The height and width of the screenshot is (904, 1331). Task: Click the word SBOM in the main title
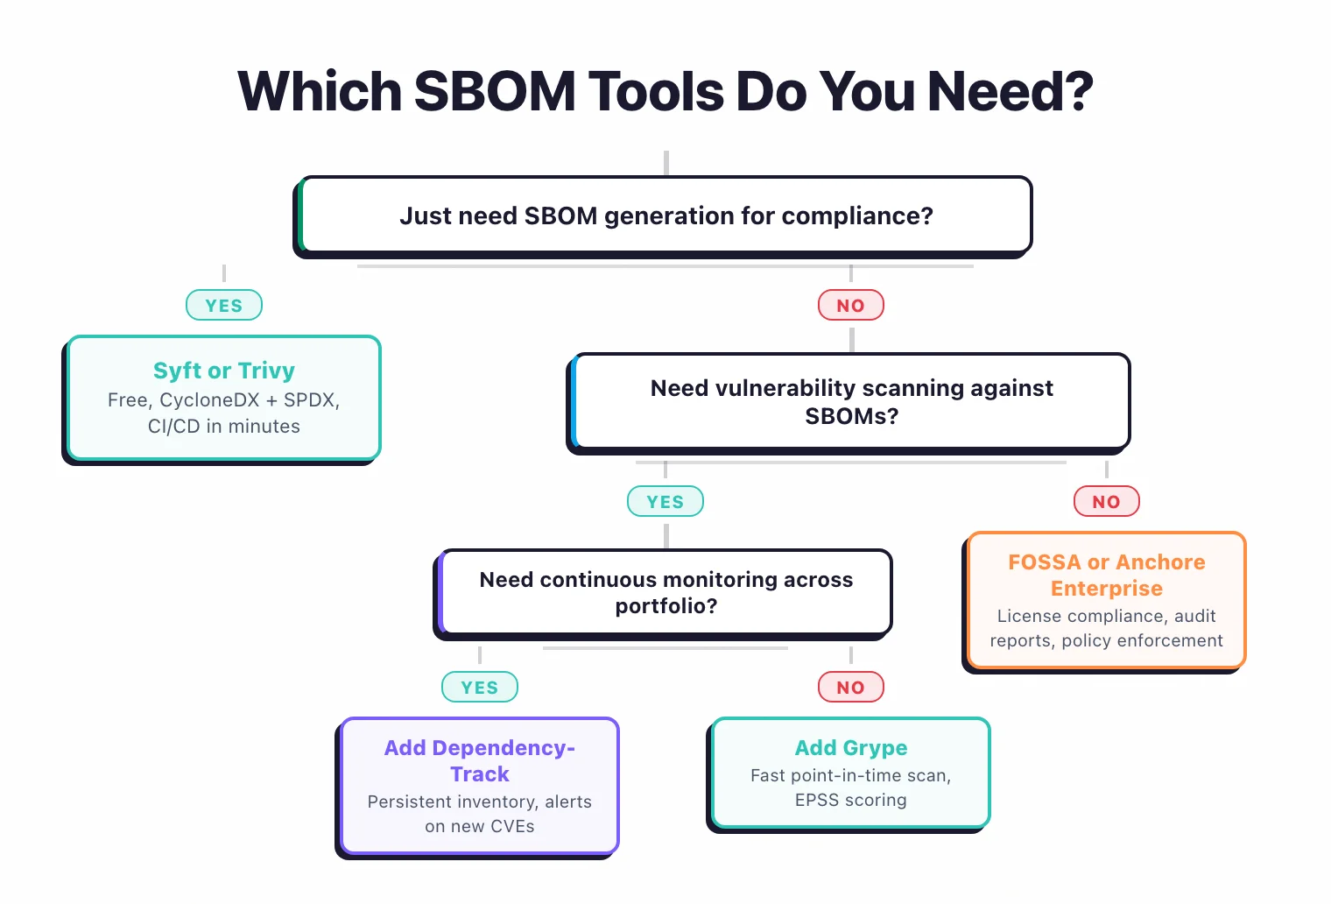[x=494, y=91]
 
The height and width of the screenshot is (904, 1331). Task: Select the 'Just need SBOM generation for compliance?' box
[x=665, y=215]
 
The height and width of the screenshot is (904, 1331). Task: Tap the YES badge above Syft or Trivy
[x=224, y=306]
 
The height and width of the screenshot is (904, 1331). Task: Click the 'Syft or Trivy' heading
[x=224, y=371]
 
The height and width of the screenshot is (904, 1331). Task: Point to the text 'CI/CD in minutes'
[x=224, y=427]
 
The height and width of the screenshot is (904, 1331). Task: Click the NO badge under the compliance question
[x=850, y=306]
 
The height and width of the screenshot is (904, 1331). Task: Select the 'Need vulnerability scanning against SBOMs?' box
[x=851, y=402]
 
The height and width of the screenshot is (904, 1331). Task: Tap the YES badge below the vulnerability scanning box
[x=665, y=502]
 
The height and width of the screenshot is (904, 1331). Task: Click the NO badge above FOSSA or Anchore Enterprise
[x=1106, y=502]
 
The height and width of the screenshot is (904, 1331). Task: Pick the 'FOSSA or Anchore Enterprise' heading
[x=1106, y=575]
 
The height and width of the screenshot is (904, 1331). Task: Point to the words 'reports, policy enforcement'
[x=1106, y=640]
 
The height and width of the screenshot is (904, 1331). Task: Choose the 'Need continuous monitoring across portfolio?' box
[x=665, y=592]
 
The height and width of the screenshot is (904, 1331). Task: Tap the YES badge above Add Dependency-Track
[x=480, y=688]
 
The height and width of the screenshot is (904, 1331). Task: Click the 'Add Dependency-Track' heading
[x=480, y=760]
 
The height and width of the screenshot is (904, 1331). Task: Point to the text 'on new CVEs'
[x=480, y=826]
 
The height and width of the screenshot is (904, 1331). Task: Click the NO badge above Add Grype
[x=850, y=688]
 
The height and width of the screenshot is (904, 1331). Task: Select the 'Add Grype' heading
[x=850, y=748]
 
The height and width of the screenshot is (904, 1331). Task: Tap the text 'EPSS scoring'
[x=850, y=800]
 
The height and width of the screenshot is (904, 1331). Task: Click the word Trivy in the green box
[x=266, y=371]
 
